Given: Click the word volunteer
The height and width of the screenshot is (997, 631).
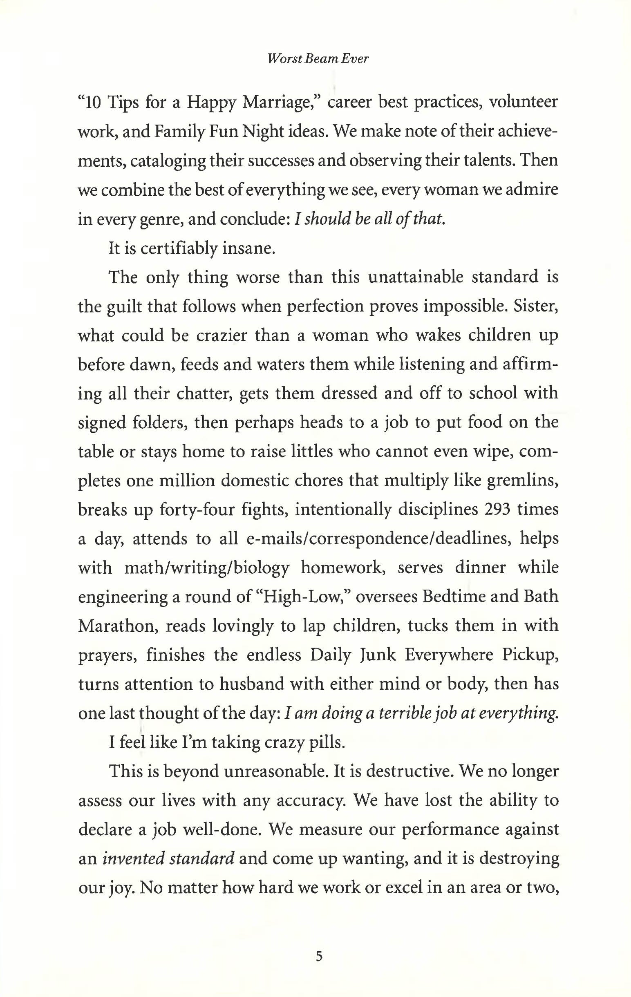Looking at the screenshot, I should [x=524, y=102].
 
